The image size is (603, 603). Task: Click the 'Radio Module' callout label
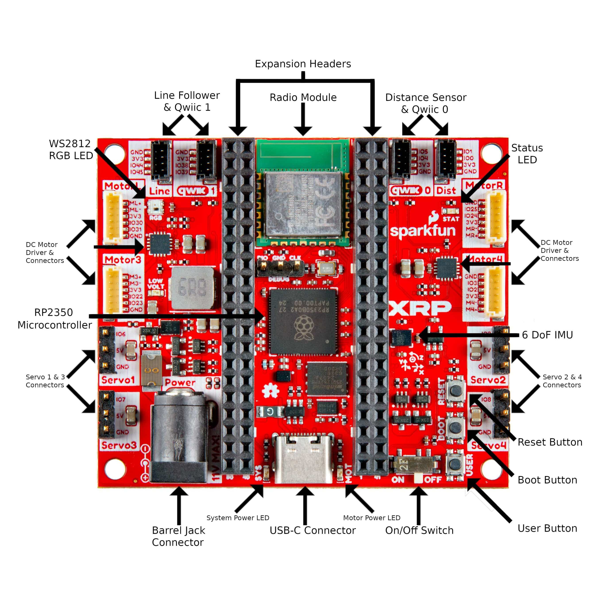tap(303, 98)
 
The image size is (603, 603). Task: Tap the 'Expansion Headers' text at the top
tap(303, 64)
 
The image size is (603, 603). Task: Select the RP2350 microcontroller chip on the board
tap(303, 321)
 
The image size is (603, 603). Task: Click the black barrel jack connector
tap(180, 437)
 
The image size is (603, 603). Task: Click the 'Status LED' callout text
tap(527, 154)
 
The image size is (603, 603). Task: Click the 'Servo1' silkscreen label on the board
tap(118, 380)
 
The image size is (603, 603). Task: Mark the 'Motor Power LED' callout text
tap(371, 518)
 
